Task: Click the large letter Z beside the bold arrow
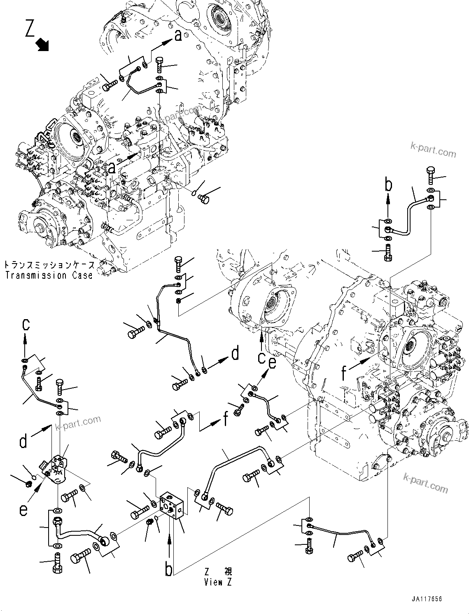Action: point(30,28)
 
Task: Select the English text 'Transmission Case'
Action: point(49,275)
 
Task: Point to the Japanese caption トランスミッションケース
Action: point(49,265)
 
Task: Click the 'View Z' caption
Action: point(218,582)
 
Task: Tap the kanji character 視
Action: point(228,571)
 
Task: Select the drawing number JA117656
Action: point(426,599)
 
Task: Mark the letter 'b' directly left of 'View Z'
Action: point(169,569)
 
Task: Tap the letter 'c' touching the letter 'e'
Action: point(261,357)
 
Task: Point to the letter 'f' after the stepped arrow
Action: point(225,419)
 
